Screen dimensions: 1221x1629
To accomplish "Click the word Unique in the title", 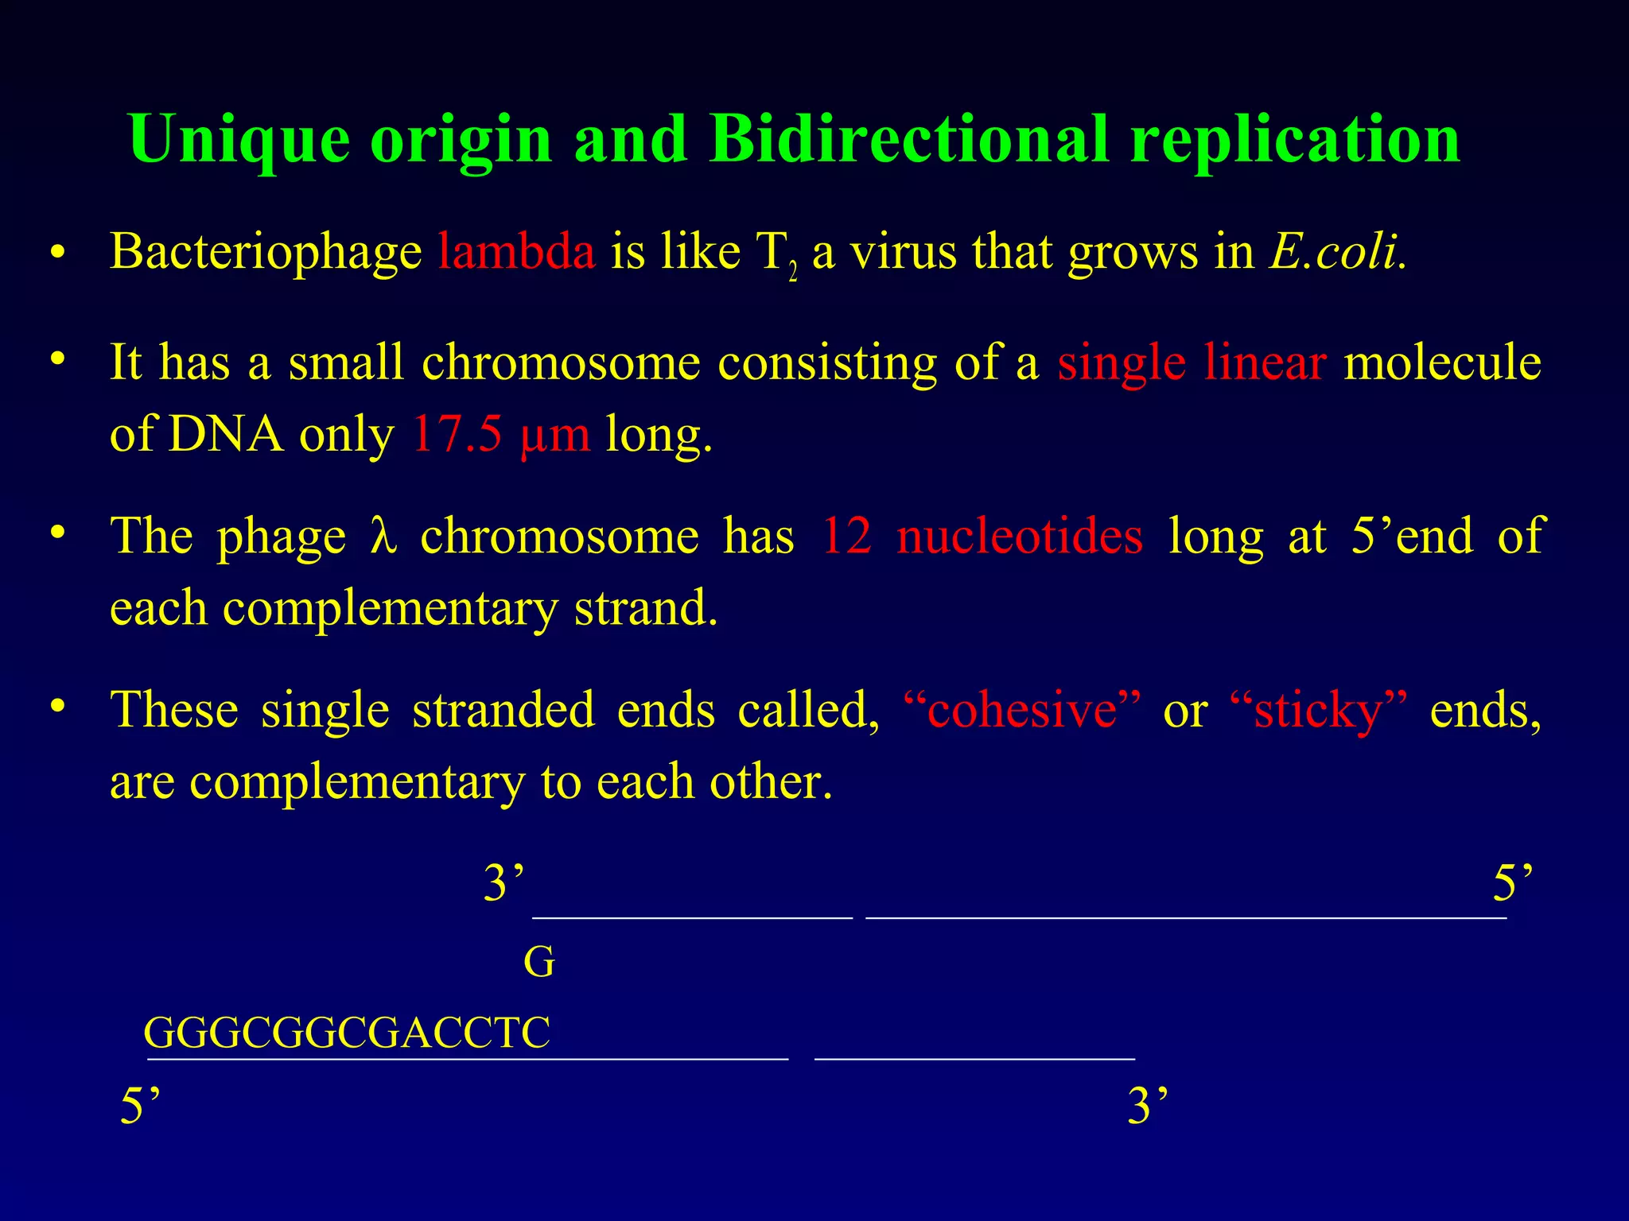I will point(239,139).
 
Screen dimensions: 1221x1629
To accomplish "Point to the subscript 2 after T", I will point(793,274).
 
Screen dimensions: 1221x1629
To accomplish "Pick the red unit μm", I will point(555,436).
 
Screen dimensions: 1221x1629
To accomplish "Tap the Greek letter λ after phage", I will point(383,536).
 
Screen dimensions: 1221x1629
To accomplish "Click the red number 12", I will point(846,536).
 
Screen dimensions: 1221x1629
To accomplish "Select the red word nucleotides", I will point(1020,536).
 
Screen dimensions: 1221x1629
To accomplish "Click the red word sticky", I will point(1318,709).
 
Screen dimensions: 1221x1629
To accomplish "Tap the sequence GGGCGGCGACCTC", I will point(347,1033).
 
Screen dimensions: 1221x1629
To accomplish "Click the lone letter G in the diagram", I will point(538,963).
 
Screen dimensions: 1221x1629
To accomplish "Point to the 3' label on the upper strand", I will point(503,883).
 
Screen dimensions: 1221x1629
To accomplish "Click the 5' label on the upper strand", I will point(1512,883).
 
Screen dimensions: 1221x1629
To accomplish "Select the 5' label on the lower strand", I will point(140,1106).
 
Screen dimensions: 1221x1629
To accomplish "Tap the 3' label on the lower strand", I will point(1147,1106).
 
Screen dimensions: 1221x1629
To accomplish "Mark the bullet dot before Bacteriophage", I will point(56,253).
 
